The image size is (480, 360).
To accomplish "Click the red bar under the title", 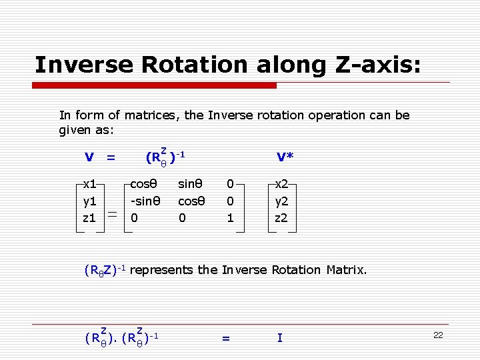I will tap(155, 85).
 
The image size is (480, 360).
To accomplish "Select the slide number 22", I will tap(438, 335).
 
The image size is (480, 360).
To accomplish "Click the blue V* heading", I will tap(285, 157).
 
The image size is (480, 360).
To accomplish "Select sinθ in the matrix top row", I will tap(191, 182).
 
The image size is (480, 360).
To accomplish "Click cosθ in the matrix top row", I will tap(143, 182).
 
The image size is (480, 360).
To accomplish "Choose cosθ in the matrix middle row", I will tap(191, 200).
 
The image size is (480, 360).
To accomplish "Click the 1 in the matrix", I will tap(230, 217).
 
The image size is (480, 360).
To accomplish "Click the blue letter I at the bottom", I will tap(280, 338).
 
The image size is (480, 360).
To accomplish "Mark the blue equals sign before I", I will tap(225, 339).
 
